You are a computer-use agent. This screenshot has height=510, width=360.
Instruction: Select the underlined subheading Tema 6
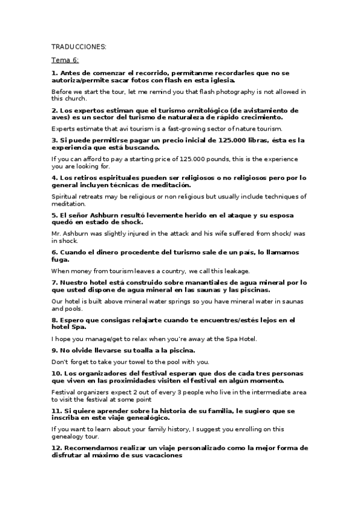[65, 60]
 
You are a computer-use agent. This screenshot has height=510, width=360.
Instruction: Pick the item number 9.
[54, 350]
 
